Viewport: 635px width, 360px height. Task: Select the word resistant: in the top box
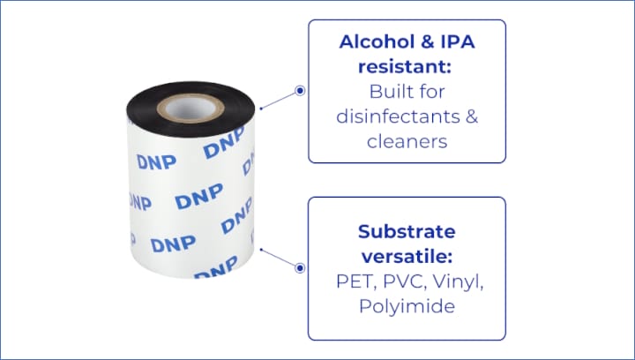[x=405, y=67]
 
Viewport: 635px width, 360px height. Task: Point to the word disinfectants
[x=398, y=116]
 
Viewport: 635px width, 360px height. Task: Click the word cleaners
[x=407, y=142]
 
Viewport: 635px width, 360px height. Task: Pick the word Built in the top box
[x=388, y=92]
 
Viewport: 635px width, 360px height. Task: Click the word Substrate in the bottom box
[x=407, y=232]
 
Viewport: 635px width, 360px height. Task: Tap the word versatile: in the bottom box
[x=407, y=257]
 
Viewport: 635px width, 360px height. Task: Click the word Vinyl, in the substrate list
[x=458, y=282]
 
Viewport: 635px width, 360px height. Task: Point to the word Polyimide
[x=407, y=306]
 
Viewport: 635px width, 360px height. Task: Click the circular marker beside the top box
[x=300, y=91]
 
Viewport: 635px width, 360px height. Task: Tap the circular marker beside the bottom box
[x=300, y=267]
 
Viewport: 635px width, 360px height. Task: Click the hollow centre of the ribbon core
[x=190, y=109]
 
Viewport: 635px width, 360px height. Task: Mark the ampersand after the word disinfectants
[x=472, y=116]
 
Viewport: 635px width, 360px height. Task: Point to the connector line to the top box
[x=278, y=101]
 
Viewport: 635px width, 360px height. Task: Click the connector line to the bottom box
[x=278, y=258]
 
